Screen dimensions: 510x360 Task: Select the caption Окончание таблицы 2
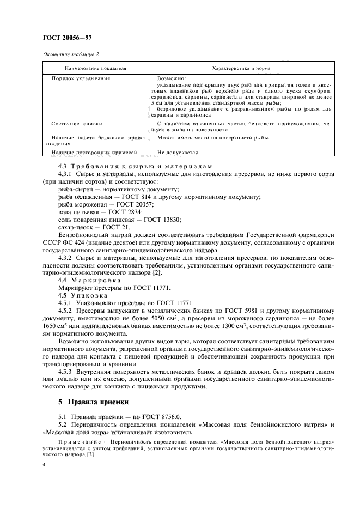pos(71,53)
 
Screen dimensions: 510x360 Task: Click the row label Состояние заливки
pos(76,124)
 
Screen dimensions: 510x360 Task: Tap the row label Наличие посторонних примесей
pos(90,153)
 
